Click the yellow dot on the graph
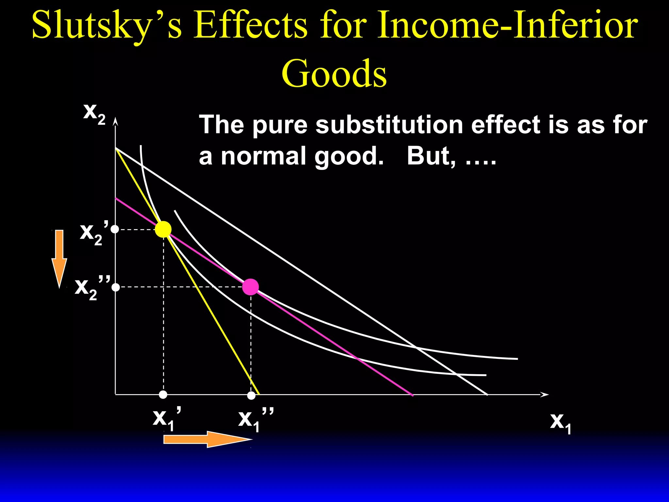click(163, 229)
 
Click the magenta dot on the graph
click(251, 287)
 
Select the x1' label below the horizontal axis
click(167, 419)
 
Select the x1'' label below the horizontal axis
click(255, 419)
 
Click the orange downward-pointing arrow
click(59, 258)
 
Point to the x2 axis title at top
click(94, 113)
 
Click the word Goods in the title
click(334, 73)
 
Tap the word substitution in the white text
click(389, 125)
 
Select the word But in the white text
click(431, 156)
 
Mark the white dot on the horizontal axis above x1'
click(163, 395)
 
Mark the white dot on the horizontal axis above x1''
click(251, 395)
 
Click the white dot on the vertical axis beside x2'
click(115, 229)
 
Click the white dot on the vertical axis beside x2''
click(116, 287)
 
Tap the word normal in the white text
click(265, 156)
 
